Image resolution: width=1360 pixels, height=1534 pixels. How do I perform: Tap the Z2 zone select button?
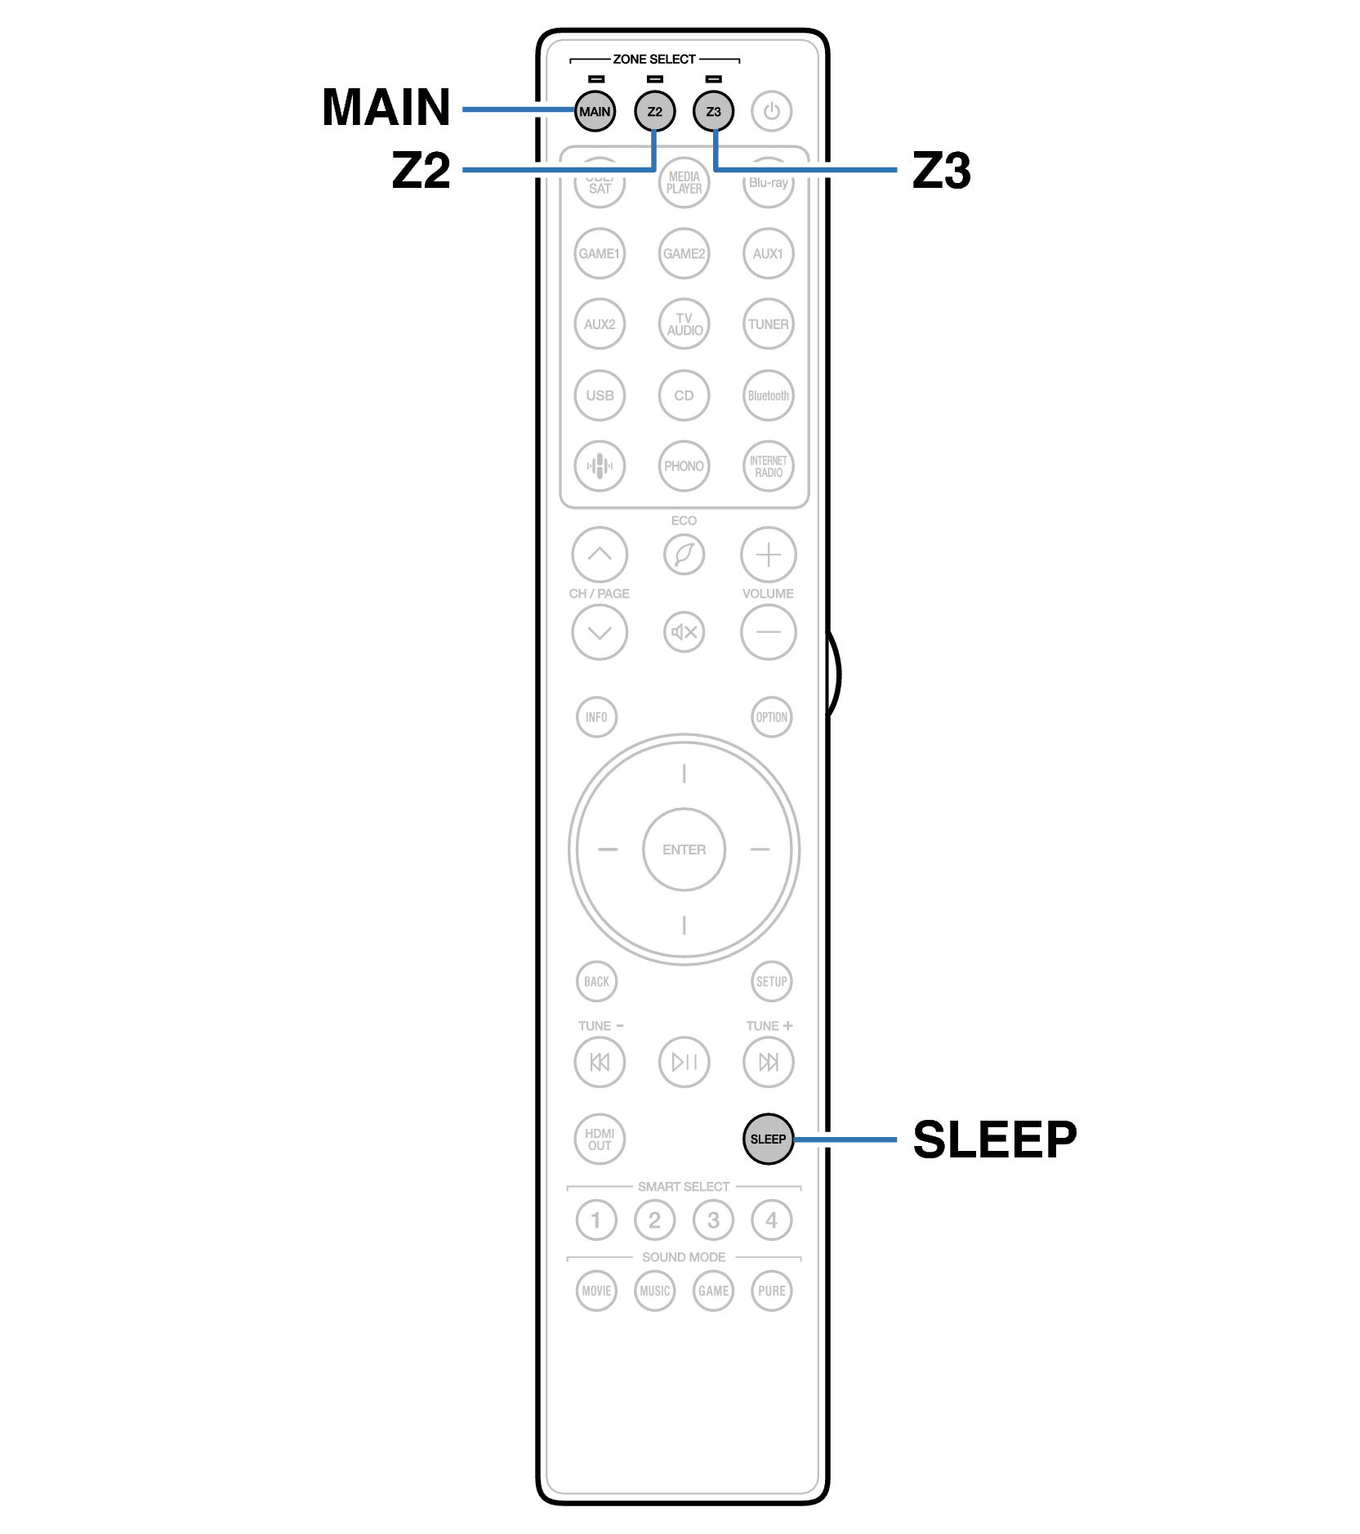click(x=654, y=111)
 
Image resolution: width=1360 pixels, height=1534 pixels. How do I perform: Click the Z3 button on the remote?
click(x=713, y=111)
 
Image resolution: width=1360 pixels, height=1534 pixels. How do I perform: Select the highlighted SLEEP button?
click(x=768, y=1139)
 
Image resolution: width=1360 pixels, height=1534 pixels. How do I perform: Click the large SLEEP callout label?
click(x=994, y=1139)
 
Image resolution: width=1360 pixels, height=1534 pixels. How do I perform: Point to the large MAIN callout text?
click(x=386, y=107)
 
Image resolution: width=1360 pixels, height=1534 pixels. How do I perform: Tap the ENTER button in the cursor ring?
click(x=684, y=849)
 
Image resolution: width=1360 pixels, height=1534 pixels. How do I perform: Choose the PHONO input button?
click(x=684, y=466)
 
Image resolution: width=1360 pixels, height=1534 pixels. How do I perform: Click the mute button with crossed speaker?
click(x=684, y=631)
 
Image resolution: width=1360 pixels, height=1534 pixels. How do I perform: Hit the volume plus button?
click(x=768, y=555)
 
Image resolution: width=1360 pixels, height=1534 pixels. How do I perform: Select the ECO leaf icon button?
click(x=684, y=555)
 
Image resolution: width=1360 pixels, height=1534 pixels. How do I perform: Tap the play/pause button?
click(x=684, y=1062)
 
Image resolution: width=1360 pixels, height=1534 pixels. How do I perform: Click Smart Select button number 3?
click(x=713, y=1220)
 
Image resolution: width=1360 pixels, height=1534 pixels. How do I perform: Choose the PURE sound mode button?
click(x=771, y=1291)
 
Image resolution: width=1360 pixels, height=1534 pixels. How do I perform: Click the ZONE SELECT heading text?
click(x=654, y=59)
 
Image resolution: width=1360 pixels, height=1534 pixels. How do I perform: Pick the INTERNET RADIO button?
click(x=768, y=466)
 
